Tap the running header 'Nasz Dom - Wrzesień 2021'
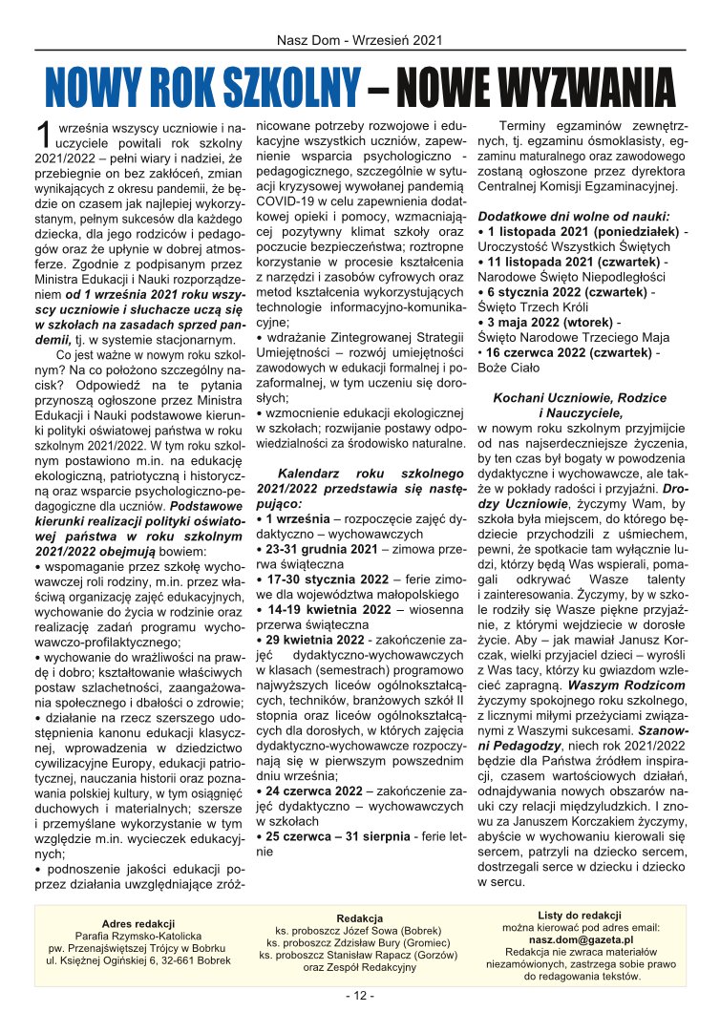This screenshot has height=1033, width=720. pyautogui.click(x=359, y=40)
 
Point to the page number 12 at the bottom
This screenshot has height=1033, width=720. pyautogui.click(x=360, y=995)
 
